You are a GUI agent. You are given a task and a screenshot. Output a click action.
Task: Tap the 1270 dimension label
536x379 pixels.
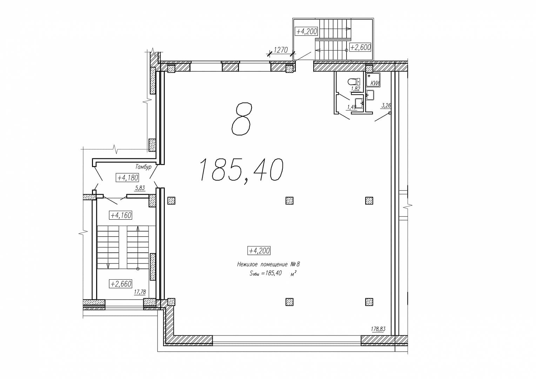tap(281, 50)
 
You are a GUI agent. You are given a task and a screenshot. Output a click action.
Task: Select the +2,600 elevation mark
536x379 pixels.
tap(360, 47)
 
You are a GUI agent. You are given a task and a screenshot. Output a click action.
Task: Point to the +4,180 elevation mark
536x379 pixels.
tap(127, 178)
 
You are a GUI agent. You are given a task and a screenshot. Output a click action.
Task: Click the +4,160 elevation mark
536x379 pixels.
tap(121, 215)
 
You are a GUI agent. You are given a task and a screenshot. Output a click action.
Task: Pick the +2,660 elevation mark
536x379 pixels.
tap(121, 284)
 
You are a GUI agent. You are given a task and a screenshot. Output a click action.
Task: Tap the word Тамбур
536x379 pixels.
tap(143, 167)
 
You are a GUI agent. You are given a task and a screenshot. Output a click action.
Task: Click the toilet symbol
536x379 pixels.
tap(354, 82)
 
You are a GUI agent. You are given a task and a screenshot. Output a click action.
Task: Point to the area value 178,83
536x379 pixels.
tap(378, 329)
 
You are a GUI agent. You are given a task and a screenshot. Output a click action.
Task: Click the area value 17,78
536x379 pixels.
tap(140, 292)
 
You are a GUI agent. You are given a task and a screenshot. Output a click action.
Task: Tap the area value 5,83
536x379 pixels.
tap(140, 188)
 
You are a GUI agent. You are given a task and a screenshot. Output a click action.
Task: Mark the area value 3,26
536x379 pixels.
tap(386, 105)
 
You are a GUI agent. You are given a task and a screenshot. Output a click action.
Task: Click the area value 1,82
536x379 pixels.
tap(355, 89)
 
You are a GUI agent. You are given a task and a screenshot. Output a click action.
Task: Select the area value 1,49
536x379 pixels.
tap(351, 107)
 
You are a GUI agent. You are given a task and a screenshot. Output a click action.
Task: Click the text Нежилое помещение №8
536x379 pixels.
tap(268, 264)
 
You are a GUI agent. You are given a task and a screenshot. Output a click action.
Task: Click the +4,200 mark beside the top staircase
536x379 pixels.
tap(307, 31)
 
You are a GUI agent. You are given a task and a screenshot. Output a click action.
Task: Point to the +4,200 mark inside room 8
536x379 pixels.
tap(259, 251)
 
